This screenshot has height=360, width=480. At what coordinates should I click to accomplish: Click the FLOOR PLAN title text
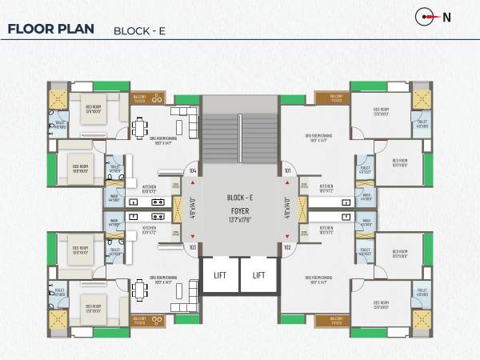(x=50, y=30)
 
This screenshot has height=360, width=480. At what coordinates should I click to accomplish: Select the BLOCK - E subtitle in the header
(x=140, y=31)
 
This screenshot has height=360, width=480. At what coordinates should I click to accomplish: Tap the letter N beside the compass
(x=447, y=16)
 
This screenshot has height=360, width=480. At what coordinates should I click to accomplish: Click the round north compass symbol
(x=424, y=16)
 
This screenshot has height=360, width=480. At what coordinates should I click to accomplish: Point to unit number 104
(x=192, y=170)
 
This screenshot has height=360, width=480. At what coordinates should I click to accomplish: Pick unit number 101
(x=287, y=170)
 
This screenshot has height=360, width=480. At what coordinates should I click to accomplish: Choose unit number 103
(x=192, y=247)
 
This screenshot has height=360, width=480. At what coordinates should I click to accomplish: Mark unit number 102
(x=287, y=247)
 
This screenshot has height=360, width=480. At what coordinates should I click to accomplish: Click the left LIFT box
(x=219, y=274)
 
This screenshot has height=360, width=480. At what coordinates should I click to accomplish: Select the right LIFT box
(x=258, y=274)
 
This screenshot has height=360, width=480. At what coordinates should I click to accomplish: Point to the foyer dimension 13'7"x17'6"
(x=240, y=218)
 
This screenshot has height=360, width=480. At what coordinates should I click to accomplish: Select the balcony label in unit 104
(x=139, y=99)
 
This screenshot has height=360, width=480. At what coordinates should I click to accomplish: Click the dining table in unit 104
(x=141, y=129)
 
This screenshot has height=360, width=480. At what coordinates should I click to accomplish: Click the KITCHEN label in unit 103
(x=150, y=228)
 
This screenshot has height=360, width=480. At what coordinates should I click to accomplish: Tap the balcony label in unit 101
(x=334, y=99)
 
